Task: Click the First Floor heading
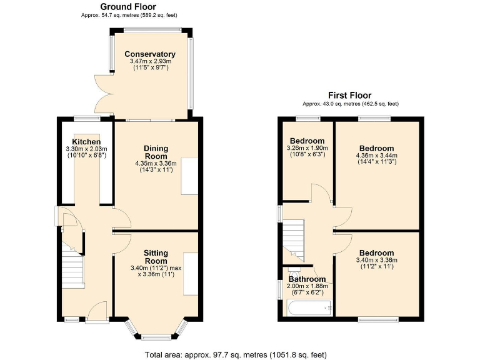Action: [x=350, y=96]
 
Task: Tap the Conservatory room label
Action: [x=150, y=54]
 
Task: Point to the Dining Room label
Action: [x=156, y=152]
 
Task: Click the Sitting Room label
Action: [x=156, y=257]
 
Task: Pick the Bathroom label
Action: [x=307, y=279]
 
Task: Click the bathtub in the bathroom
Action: [x=309, y=307]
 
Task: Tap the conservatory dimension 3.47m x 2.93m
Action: [x=150, y=61]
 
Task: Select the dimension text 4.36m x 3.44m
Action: [x=376, y=155]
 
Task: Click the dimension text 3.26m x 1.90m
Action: [x=307, y=148]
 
